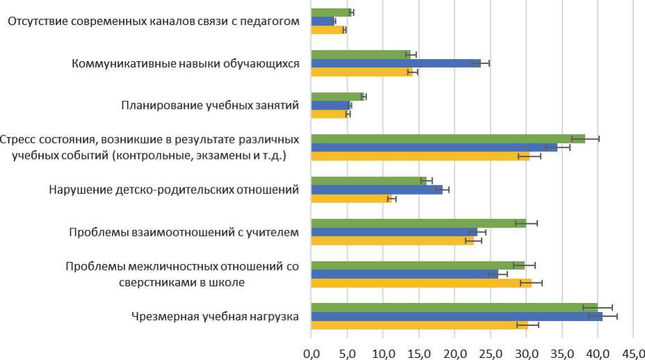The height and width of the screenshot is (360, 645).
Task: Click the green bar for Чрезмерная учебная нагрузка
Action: click(452, 307)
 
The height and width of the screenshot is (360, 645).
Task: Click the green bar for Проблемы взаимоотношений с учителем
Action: click(417, 223)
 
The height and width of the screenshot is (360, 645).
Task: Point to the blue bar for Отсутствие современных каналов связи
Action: click(322, 21)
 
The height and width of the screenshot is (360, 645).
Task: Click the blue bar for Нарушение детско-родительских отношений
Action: click(375, 190)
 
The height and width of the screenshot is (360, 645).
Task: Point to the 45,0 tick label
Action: click(634, 352)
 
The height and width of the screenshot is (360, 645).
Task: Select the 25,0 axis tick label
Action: click(491, 352)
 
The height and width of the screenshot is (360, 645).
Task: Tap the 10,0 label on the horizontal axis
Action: click(383, 352)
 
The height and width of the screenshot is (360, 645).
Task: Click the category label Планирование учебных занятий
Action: click(210, 106)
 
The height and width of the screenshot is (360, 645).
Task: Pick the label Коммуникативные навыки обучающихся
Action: click(186, 63)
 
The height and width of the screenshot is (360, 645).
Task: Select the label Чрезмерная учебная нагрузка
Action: click(215, 317)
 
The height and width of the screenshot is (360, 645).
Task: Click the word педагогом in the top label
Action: click(272, 22)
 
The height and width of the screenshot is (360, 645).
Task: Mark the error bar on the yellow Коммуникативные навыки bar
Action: click(413, 72)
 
